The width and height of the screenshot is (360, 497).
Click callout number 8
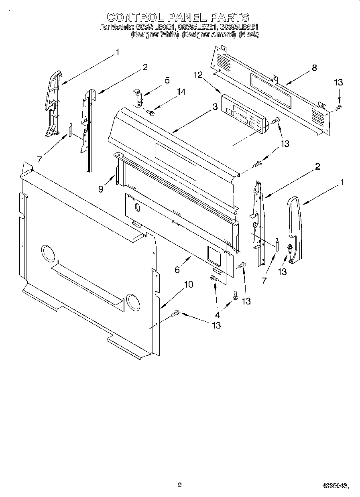(314, 68)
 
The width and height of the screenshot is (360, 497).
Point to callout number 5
(167, 80)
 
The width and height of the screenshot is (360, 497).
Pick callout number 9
(101, 189)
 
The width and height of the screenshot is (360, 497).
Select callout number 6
(177, 270)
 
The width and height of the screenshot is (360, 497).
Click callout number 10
(188, 284)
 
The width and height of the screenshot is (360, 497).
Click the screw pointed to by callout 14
(152, 113)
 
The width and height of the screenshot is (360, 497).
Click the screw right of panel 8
(338, 107)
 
